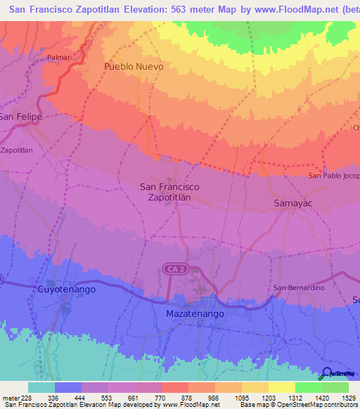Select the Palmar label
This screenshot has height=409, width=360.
coord(59,56)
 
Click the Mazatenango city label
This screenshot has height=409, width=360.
coord(195,313)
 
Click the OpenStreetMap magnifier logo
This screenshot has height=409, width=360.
coord(327,375)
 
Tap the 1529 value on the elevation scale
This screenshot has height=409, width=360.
coord(348,397)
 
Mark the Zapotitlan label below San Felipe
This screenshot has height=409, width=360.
coord(17,150)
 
